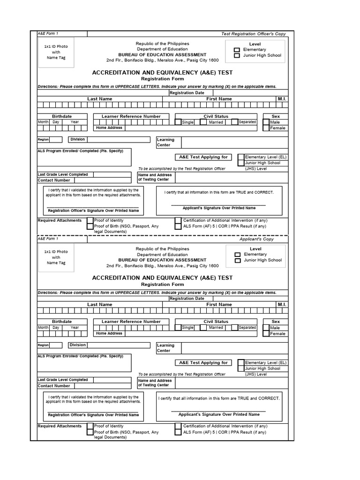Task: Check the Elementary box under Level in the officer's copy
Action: [237, 50]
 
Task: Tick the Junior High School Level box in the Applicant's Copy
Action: [237, 260]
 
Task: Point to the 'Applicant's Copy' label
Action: [256, 239]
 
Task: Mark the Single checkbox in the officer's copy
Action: [178, 122]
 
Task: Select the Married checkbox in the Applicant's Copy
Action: [203, 328]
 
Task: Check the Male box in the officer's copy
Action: [266, 122]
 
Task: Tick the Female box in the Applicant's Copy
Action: [266, 334]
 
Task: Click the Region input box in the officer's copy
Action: [56, 140]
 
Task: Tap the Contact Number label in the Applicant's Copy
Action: [54, 386]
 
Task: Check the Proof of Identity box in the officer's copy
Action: [90, 220]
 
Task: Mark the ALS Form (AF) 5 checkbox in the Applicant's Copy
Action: [178, 432]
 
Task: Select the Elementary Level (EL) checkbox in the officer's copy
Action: [241, 157]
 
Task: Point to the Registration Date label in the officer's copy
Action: [187, 93]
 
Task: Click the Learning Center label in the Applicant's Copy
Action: [165, 348]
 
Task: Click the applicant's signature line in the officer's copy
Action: [218, 204]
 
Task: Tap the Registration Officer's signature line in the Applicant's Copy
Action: [93, 412]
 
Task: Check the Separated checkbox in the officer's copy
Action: [233, 122]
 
